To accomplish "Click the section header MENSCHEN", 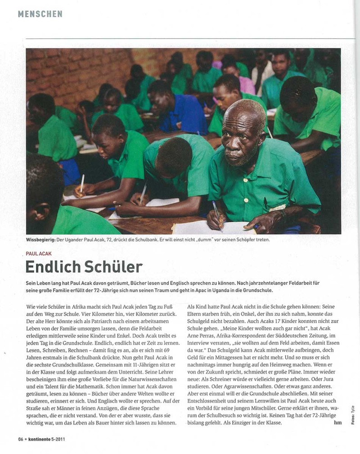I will (40, 14).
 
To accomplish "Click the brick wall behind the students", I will (72, 72).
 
